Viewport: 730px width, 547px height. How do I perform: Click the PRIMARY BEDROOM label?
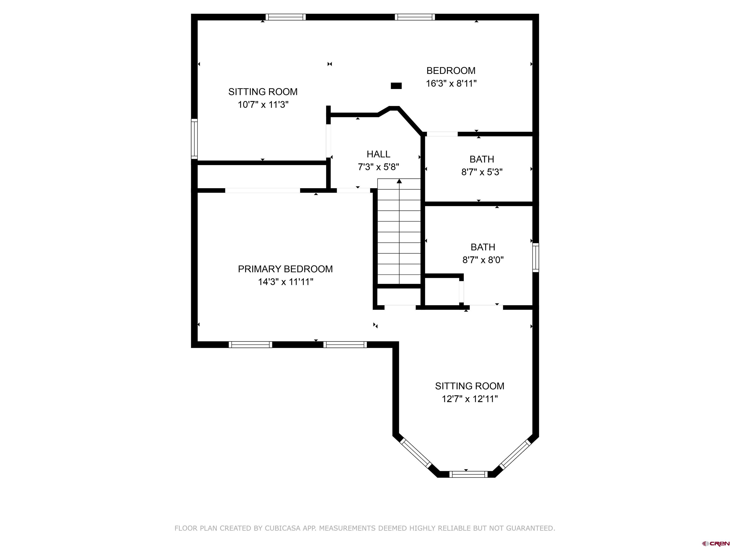(x=285, y=269)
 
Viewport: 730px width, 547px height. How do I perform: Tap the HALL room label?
(x=378, y=154)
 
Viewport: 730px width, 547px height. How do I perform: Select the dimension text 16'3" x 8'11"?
(x=451, y=83)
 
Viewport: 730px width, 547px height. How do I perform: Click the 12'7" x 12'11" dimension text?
(x=470, y=399)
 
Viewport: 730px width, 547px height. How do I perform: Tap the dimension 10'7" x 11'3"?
(x=263, y=105)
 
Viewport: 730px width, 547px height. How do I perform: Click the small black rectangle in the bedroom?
(x=396, y=86)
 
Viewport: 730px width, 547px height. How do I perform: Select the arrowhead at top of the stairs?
(x=399, y=181)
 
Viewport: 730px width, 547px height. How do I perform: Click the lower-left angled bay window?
(x=415, y=453)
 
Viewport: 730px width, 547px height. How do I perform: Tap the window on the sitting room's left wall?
(x=194, y=139)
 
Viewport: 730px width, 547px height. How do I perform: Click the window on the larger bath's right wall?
(x=536, y=258)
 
